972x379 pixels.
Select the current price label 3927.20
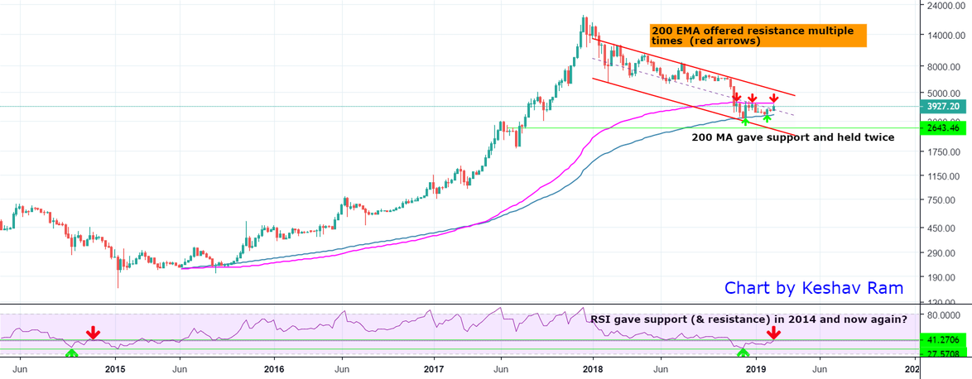(943, 106)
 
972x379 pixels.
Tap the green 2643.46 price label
(943, 128)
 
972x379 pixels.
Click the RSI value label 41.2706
(943, 339)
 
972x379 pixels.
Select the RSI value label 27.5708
(943, 354)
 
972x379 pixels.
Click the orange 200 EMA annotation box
(758, 36)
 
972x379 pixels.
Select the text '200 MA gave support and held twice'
(792, 137)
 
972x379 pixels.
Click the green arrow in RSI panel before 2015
(71, 353)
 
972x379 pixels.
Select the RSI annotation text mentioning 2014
(748, 319)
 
